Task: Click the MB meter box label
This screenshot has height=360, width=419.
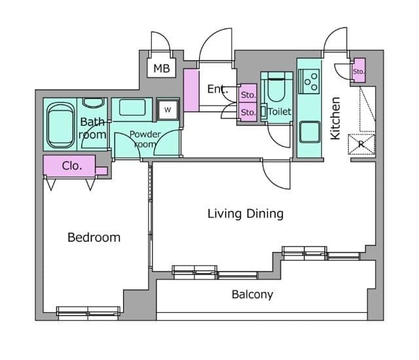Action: point(162,68)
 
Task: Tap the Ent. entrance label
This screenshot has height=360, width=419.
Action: point(217,89)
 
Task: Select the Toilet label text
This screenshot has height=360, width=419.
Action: point(280,111)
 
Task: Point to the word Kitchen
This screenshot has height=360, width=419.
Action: point(336,118)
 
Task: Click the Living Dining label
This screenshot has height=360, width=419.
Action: point(246,213)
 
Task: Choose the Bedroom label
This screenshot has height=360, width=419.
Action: point(94,238)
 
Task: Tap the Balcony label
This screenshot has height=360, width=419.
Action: point(252,295)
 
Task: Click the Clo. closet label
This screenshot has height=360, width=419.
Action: point(72,166)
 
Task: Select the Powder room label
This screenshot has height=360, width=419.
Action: point(145,139)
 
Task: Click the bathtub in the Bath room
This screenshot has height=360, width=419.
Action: point(61,126)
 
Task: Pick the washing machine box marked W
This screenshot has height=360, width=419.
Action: point(168,109)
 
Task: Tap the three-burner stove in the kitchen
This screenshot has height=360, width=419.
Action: point(309,81)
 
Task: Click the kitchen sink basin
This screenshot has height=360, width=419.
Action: point(310,132)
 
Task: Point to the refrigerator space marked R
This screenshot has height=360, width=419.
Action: point(361,144)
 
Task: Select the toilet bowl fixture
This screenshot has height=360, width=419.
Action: point(276,86)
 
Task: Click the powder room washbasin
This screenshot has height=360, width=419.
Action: point(132,107)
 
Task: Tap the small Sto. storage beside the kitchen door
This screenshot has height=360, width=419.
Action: point(358,70)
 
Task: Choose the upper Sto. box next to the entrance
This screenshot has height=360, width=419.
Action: point(248,94)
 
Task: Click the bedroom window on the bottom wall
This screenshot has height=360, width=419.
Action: point(88,314)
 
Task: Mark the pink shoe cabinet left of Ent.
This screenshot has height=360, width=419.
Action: point(191,90)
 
